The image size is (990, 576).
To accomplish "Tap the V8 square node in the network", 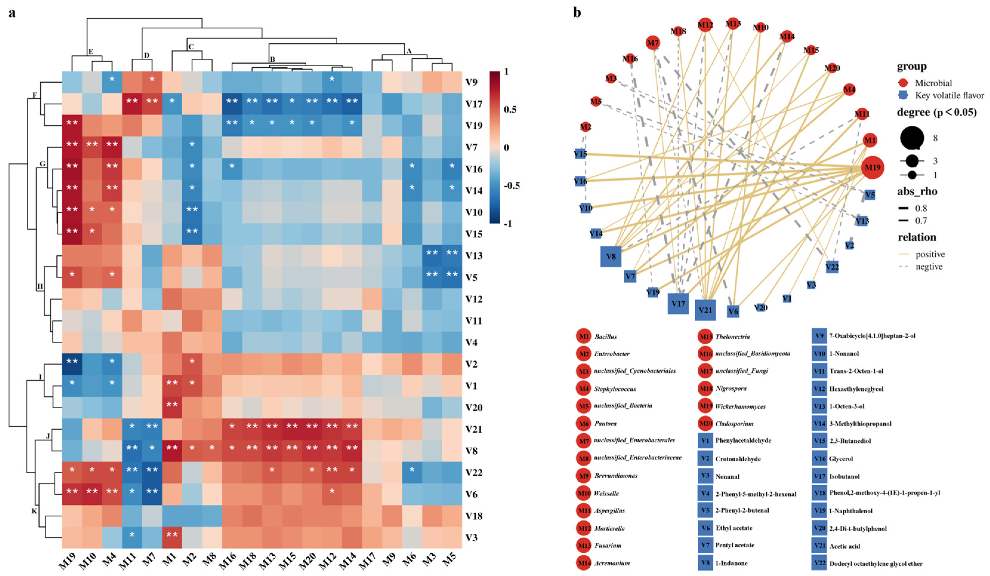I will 611,256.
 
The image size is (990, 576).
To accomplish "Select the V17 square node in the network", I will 678,304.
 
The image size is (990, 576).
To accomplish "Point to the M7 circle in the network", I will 653,42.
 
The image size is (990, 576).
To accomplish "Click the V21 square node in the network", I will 705,310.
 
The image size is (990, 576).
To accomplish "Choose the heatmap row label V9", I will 471,82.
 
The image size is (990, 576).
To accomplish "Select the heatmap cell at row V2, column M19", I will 72,364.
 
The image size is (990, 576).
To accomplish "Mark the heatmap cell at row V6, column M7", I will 152,494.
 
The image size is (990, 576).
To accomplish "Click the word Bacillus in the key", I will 606,337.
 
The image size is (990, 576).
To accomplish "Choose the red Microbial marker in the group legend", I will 903,83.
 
